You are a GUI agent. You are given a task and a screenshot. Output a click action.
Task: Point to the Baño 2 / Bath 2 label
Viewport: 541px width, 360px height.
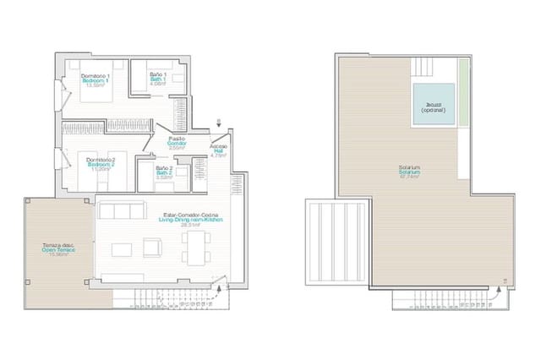click(164, 173)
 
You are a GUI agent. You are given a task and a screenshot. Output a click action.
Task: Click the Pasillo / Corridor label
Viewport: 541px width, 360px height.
click(177, 143)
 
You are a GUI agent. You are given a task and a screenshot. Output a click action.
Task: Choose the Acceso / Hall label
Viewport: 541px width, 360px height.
click(218, 150)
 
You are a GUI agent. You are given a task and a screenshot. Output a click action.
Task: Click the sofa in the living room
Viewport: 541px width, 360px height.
click(118, 210)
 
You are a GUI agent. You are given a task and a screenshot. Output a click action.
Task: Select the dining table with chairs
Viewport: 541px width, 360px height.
click(196, 248)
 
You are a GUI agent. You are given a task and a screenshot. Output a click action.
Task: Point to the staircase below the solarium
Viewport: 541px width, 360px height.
click(440, 298)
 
